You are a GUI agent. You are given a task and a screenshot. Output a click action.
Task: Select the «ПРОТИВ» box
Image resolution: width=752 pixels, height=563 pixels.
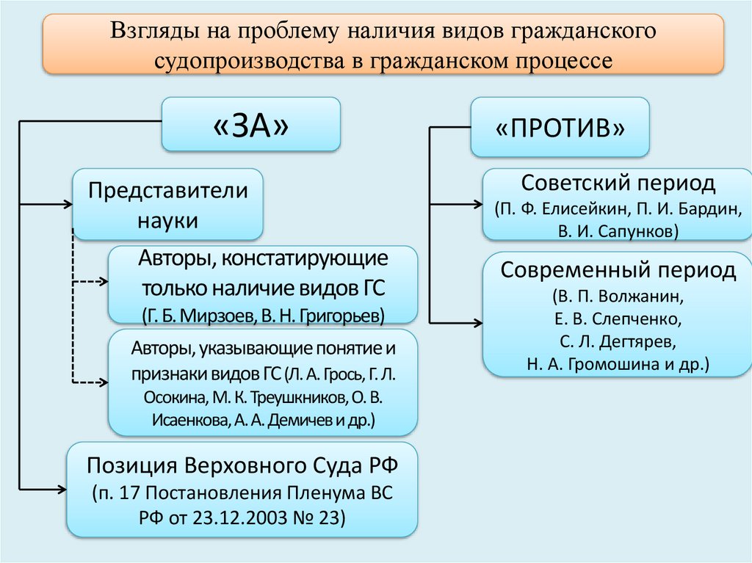(560, 128)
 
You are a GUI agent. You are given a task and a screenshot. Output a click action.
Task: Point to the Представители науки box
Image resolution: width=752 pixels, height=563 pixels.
(167, 206)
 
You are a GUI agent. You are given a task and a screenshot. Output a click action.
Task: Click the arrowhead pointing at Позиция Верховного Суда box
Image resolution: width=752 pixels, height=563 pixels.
(62, 487)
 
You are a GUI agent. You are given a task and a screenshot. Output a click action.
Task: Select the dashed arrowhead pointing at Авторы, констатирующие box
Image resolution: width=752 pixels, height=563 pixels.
(104, 281)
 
